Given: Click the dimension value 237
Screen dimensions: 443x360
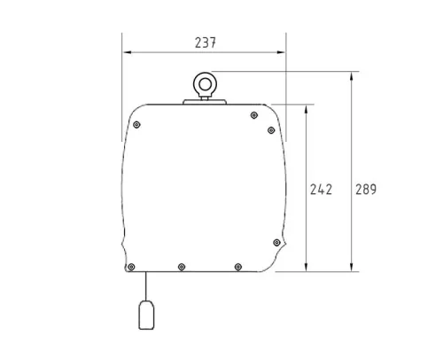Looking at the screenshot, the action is [x=206, y=43].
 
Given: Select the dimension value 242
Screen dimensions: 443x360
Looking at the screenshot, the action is [x=321, y=190].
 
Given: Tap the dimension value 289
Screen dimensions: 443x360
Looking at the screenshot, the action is [x=366, y=190].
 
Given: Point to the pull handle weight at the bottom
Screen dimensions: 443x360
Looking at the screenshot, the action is [x=146, y=315].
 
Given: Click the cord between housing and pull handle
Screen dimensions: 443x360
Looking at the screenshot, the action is [x=146, y=286].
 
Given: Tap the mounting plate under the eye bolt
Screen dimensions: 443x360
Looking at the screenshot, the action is [x=205, y=102].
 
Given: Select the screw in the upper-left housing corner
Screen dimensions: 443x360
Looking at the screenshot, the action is [x=136, y=125].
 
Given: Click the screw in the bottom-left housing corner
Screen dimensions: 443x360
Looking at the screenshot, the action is [x=132, y=267].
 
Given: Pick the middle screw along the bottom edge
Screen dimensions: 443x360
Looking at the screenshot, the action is [x=182, y=267].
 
